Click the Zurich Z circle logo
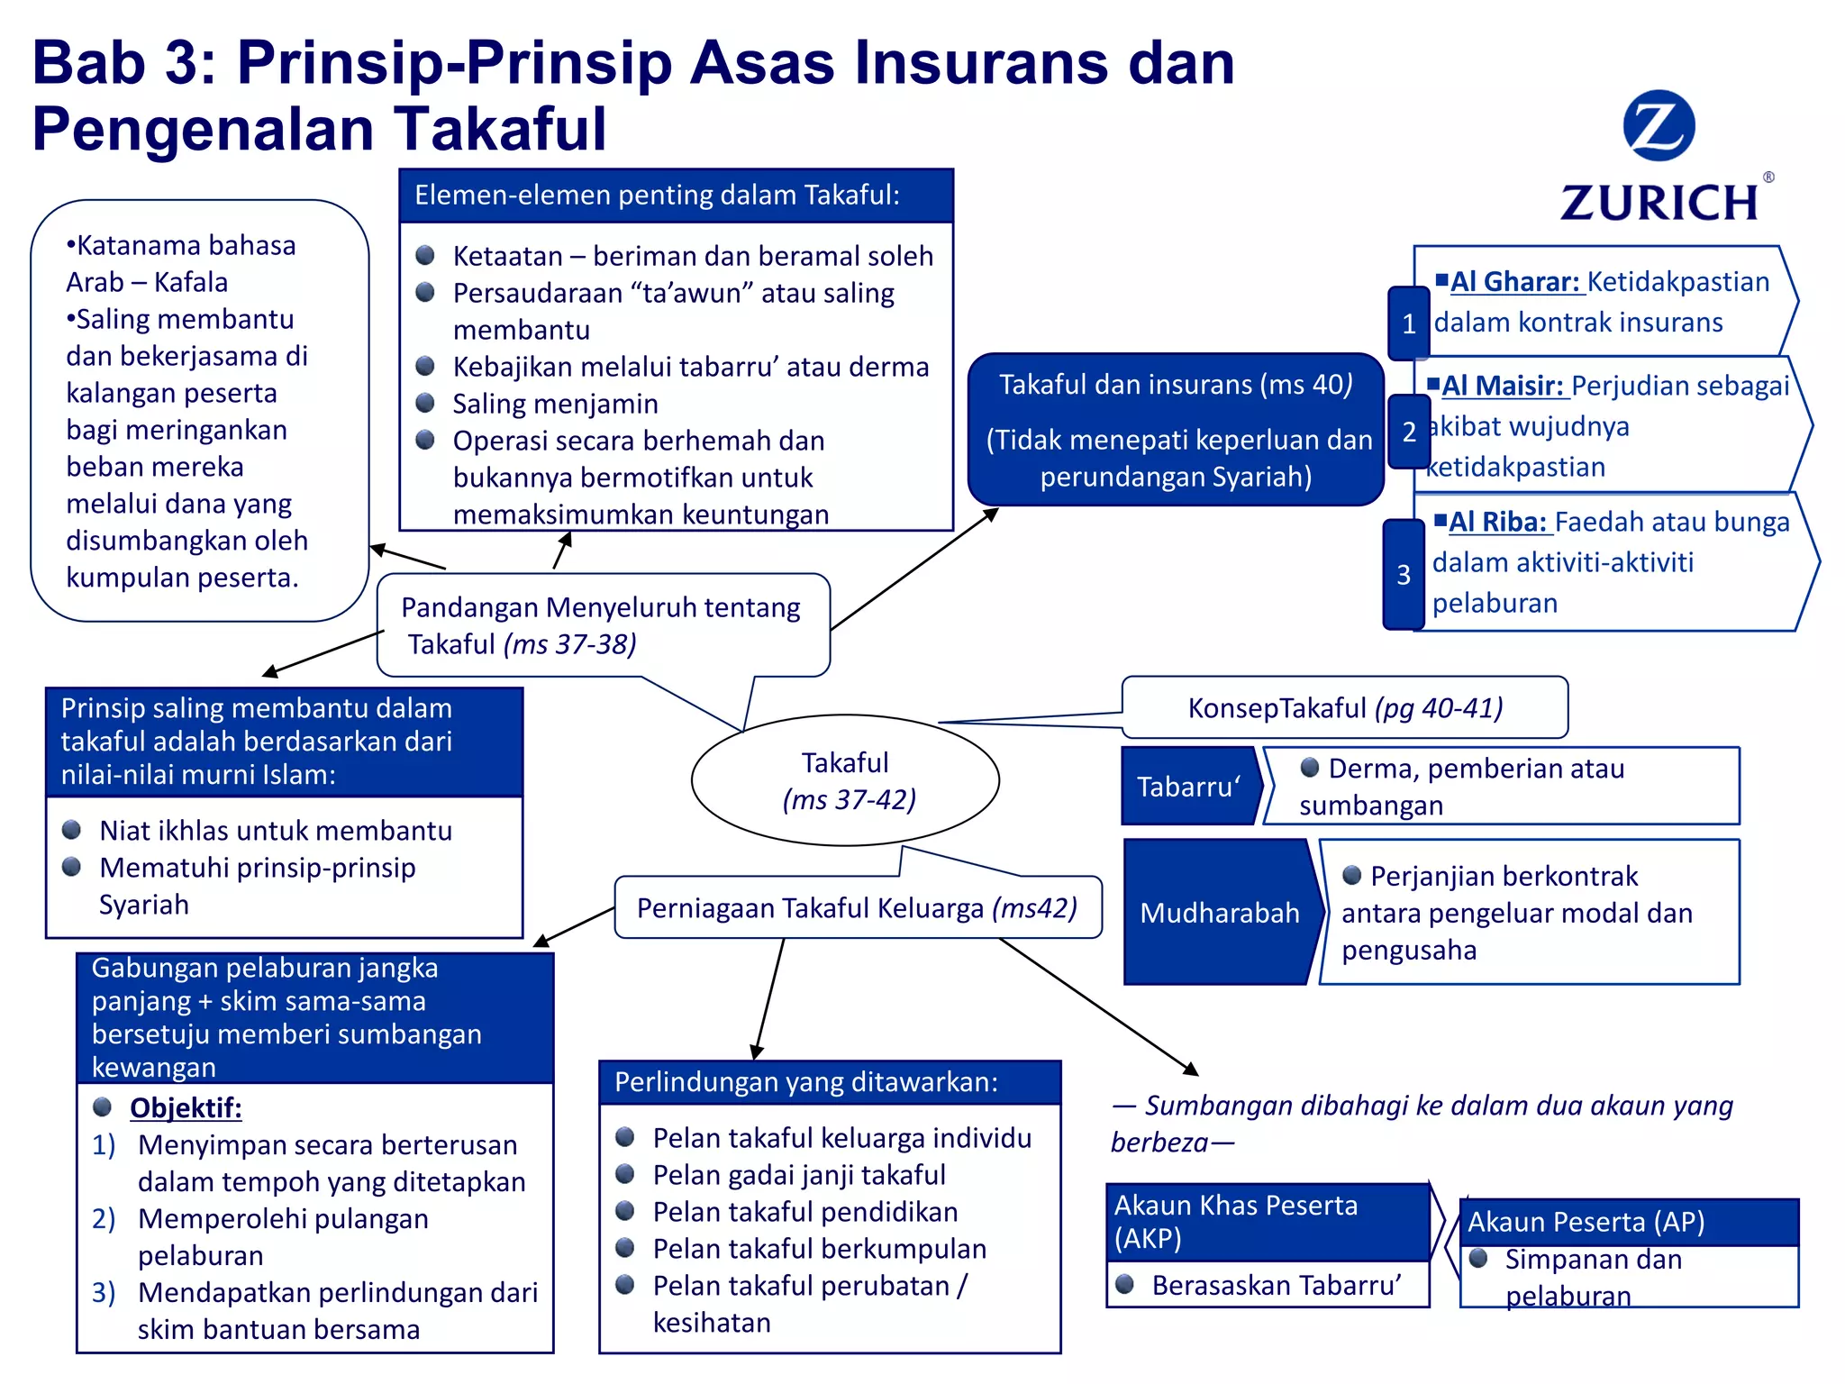(x=1659, y=126)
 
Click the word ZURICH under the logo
(x=1659, y=203)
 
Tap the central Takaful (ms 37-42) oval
(x=845, y=780)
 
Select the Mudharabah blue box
(x=1219, y=912)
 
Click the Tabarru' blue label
(x=1188, y=787)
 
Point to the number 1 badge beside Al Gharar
(x=1409, y=323)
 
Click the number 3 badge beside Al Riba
(x=1404, y=575)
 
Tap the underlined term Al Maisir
(x=1502, y=386)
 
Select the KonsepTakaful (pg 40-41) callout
(x=1344, y=708)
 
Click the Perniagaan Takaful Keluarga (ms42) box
(x=857, y=907)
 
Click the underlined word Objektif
(x=186, y=1107)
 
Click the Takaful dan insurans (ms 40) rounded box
(x=1176, y=430)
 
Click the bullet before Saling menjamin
(x=425, y=403)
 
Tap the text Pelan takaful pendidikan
(x=805, y=1212)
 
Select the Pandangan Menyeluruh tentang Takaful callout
(x=602, y=625)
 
